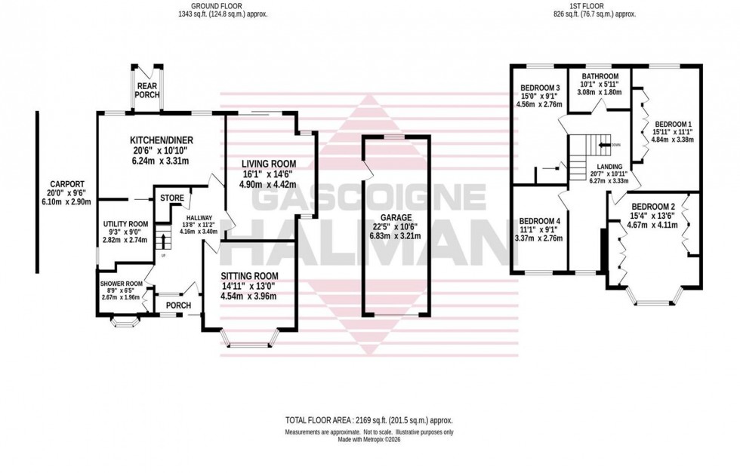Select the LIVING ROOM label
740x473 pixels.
(268, 164)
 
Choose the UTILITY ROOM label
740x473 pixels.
(126, 224)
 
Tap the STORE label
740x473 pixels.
(172, 198)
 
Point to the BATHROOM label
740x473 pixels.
(600, 76)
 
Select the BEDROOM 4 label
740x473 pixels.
(540, 220)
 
